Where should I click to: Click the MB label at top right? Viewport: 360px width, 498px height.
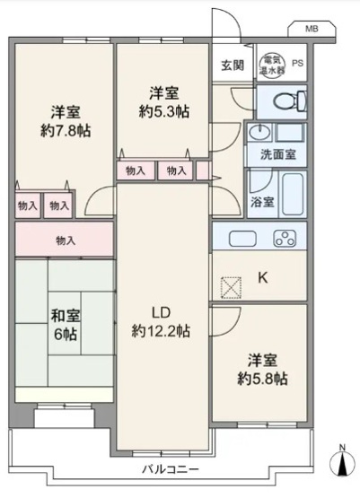point(311,29)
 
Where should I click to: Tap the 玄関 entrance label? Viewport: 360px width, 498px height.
point(233,65)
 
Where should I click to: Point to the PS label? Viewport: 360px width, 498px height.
point(297,63)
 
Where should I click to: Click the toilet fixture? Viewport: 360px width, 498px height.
point(285,99)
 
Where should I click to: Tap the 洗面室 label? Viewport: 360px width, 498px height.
point(276,153)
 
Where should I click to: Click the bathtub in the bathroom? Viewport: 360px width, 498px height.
point(291,189)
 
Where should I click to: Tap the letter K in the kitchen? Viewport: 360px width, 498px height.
point(263,277)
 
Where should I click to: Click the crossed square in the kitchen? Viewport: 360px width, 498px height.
point(230,287)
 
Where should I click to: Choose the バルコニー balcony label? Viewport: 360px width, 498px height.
point(169,469)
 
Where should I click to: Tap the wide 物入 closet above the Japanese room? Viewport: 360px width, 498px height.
point(65,240)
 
